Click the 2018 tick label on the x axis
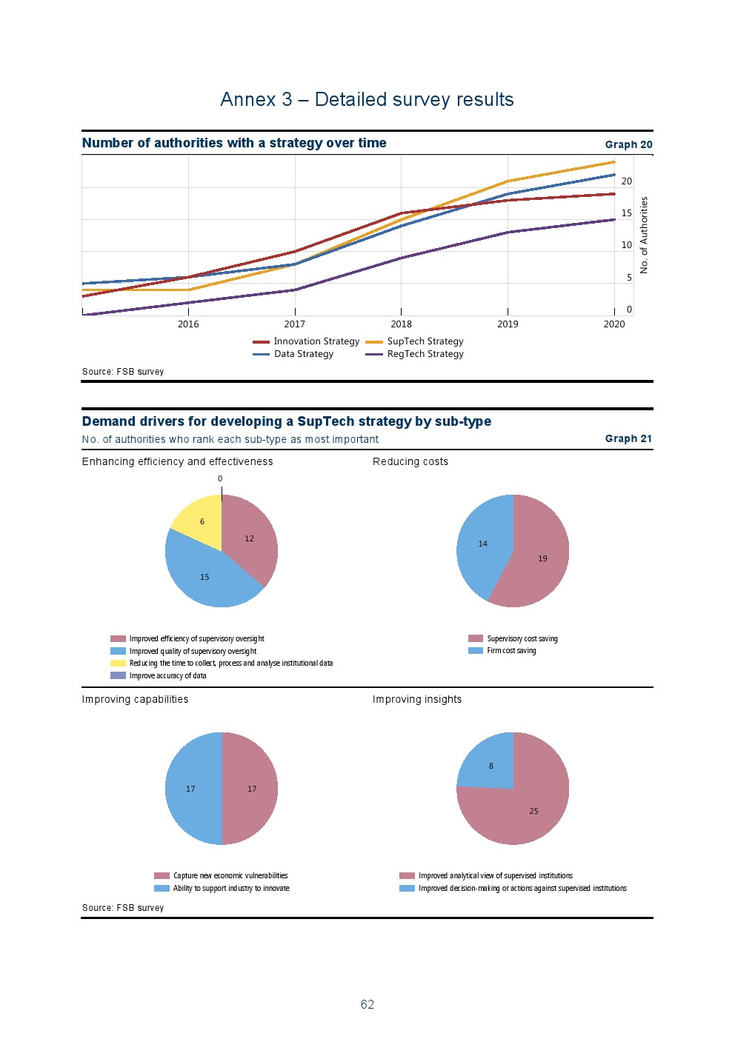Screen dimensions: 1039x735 [401, 324]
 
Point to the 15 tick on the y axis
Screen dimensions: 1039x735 [627, 213]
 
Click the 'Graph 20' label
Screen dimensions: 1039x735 [628, 144]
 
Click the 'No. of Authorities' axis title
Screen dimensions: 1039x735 [644, 235]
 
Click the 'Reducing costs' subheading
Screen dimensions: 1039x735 [410, 461]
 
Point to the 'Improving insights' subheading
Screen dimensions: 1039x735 [417, 699]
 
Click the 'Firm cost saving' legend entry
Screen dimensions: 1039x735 [511, 651]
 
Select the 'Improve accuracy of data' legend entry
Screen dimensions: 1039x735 [167, 675]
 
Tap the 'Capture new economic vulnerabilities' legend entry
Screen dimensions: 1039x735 [230, 875]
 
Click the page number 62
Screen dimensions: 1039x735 [367, 1004]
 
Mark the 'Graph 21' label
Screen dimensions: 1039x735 [628, 438]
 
